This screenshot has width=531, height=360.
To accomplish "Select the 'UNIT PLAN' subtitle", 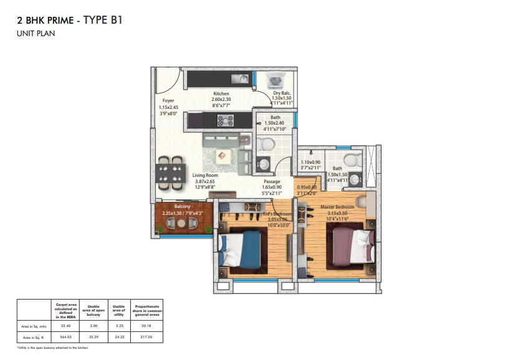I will (x=36, y=34).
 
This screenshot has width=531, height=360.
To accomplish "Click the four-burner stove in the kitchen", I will (x=225, y=120).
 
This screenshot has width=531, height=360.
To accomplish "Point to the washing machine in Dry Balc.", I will (x=274, y=81).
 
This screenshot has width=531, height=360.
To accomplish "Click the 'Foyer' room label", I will (x=168, y=100).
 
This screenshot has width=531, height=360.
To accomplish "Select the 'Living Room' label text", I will (x=204, y=176).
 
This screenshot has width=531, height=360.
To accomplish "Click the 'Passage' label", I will (x=270, y=181).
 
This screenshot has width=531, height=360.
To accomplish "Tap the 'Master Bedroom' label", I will (x=337, y=207).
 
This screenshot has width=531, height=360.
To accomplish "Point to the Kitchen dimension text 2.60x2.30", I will (x=221, y=100).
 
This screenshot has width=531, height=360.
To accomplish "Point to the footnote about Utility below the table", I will (x=52, y=348).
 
